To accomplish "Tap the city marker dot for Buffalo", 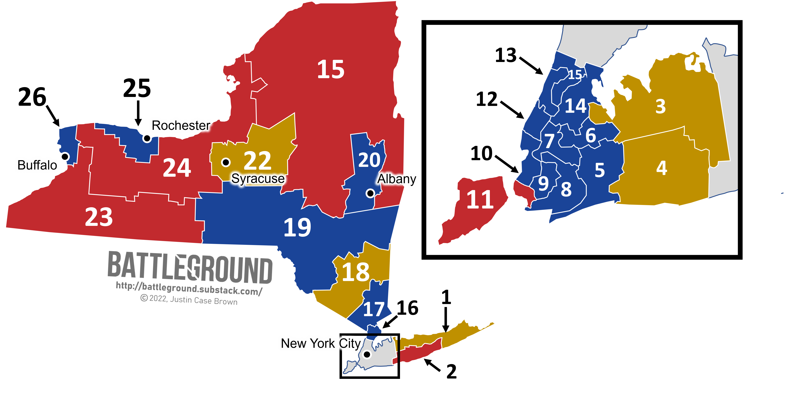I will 65,156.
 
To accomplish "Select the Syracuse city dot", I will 226,162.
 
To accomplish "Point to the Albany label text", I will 397,179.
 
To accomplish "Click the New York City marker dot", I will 367,354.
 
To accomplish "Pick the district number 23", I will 99,217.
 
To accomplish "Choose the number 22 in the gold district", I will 257,161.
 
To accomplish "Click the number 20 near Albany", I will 369,160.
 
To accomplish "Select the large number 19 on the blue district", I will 297,227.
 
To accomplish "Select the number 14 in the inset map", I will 576,106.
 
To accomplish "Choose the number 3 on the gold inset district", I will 661,106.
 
